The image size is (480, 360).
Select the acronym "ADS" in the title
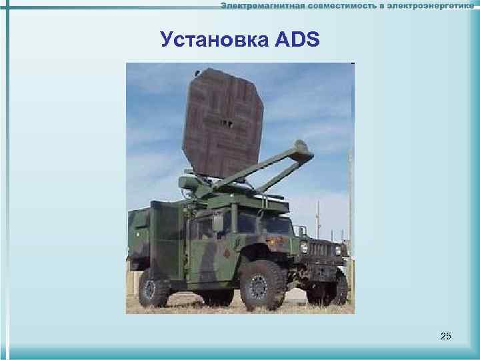[x=295, y=42]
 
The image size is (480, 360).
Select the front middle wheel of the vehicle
[x=262, y=284]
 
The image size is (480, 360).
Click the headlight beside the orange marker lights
[x=305, y=248]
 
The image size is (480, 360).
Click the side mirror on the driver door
[x=218, y=224]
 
